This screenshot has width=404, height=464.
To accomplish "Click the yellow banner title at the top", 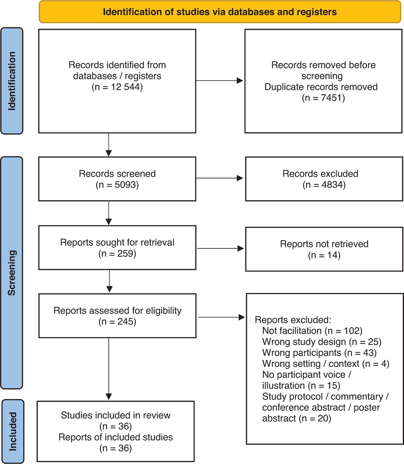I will point(220,12).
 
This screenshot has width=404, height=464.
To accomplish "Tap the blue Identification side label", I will point(12,81).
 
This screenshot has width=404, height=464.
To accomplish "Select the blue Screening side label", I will point(12,273).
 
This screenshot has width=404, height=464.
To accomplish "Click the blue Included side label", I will point(13,431).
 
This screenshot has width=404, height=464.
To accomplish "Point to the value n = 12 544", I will point(117,87).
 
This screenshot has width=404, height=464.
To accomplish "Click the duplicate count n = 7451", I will point(323,98).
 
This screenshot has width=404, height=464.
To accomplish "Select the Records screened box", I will point(117,179).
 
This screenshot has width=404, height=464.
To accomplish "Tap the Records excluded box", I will point(324,179).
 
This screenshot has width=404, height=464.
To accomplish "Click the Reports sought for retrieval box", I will point(117,248).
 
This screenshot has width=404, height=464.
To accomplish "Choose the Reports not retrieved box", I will point(324,249).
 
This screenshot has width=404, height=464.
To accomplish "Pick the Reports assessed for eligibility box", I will point(117,316).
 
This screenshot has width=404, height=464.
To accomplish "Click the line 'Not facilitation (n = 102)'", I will point(312,331).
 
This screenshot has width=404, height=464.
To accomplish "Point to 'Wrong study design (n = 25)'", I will point(322,342).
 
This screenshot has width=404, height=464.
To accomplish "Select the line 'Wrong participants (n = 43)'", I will point(319,353).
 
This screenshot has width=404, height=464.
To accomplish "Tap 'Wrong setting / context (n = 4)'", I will point(326,364).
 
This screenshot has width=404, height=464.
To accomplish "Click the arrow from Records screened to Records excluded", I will point(220,178).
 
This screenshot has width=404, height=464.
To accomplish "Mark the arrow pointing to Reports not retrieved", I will point(220,249).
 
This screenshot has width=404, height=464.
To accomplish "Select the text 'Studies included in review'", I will point(115,415).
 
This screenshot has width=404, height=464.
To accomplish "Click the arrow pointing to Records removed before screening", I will point(220,81).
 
